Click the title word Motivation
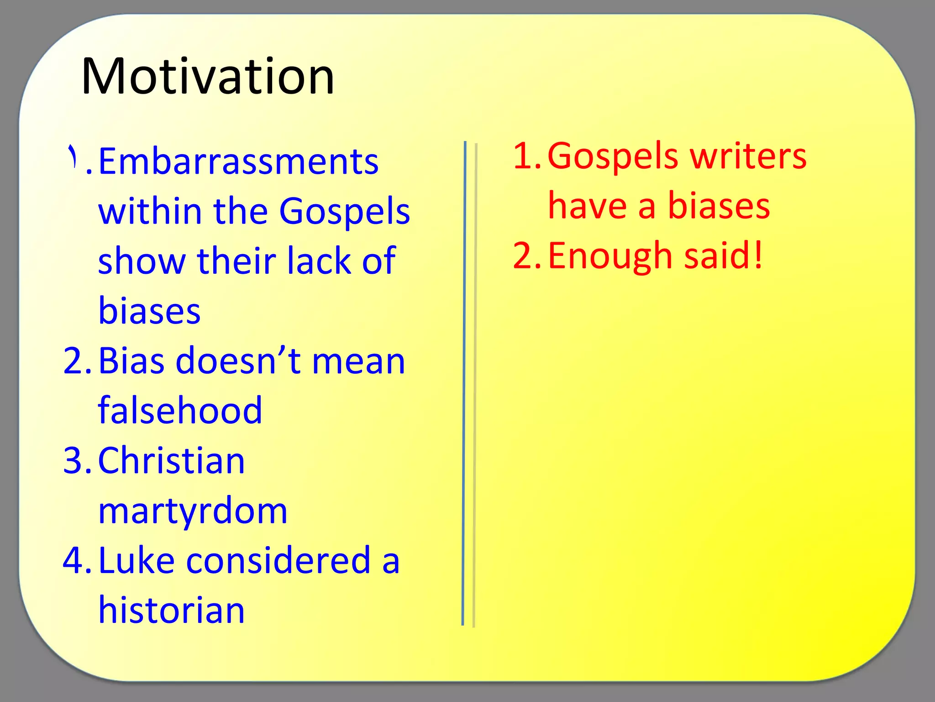(208, 76)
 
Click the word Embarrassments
(238, 162)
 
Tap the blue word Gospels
(345, 211)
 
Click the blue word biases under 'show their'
(149, 311)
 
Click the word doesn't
(238, 361)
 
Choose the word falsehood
(180, 410)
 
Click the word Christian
(171, 461)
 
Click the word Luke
(136, 561)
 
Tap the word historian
(171, 611)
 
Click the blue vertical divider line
(464, 384)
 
